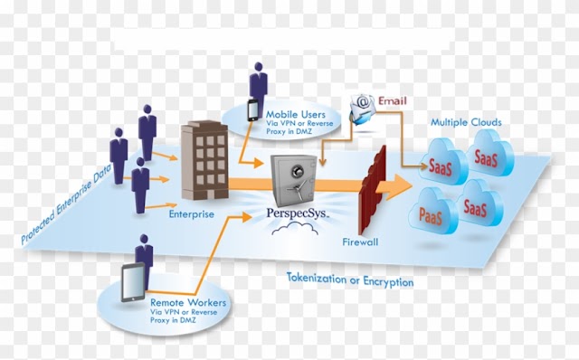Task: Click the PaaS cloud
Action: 432,212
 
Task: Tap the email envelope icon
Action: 363,109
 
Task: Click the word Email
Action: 392,100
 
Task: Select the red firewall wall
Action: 373,189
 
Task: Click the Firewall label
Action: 360,242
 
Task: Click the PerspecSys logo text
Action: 298,213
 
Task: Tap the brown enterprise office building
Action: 204,160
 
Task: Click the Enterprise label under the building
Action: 191,214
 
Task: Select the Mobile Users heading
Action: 296,115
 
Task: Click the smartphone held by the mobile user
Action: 253,110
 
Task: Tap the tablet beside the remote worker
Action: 133,282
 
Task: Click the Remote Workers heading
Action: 188,303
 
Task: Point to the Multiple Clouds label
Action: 467,122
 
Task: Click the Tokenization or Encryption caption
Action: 350,279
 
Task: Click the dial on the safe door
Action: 298,171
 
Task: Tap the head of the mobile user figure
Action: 259,67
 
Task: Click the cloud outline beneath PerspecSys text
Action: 295,229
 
